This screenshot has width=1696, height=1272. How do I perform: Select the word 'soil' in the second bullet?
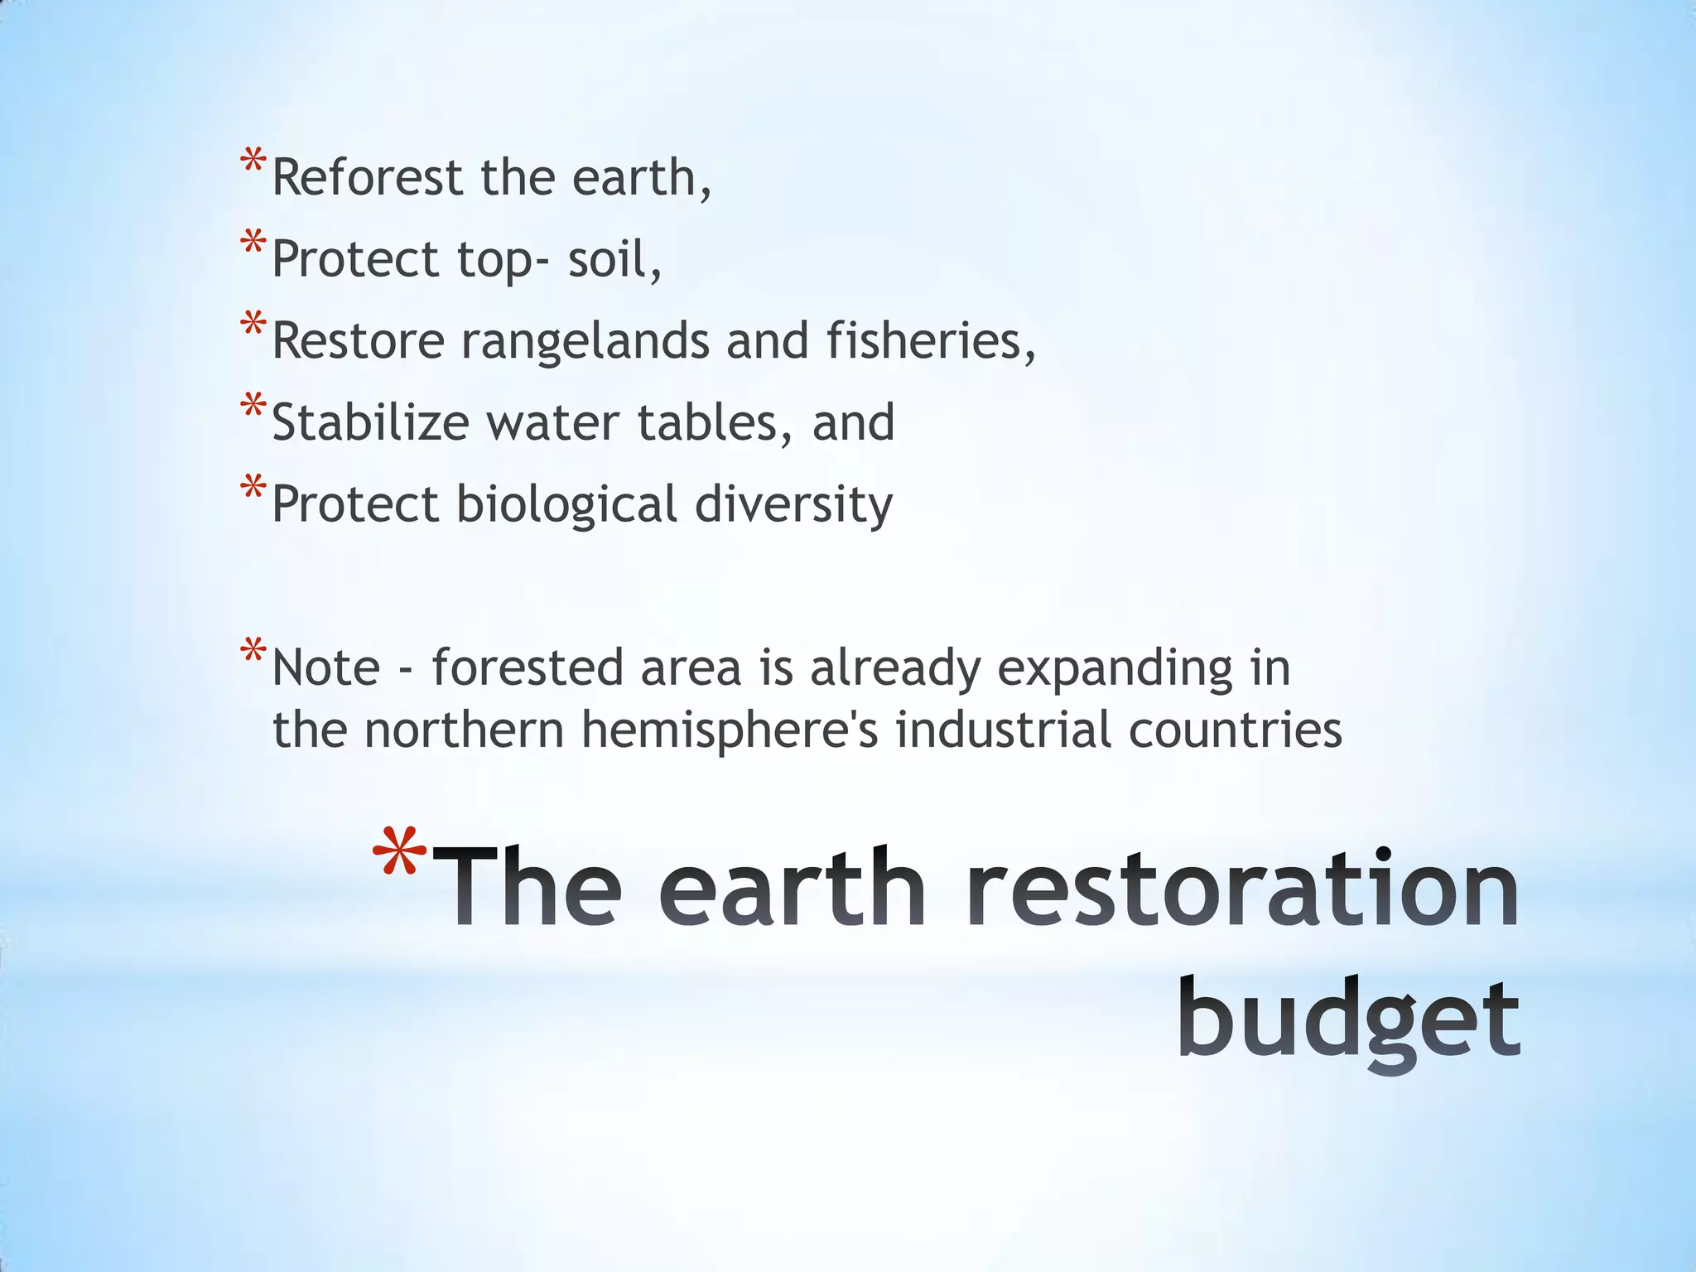[x=614, y=259]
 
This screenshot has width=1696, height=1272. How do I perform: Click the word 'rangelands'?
[x=585, y=341]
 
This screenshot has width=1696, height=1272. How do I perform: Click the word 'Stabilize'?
[x=370, y=422]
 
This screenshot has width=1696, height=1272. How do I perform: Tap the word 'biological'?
[x=566, y=504]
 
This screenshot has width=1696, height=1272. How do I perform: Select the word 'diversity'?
[x=793, y=504]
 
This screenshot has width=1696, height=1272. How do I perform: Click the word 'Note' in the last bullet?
[x=325, y=667]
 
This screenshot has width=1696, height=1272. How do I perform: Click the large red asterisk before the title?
[x=399, y=857]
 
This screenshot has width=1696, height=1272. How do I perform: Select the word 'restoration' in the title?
[x=1242, y=888]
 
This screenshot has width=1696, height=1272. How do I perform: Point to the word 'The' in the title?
[x=527, y=888]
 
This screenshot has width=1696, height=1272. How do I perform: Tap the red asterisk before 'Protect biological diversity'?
[x=253, y=489]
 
